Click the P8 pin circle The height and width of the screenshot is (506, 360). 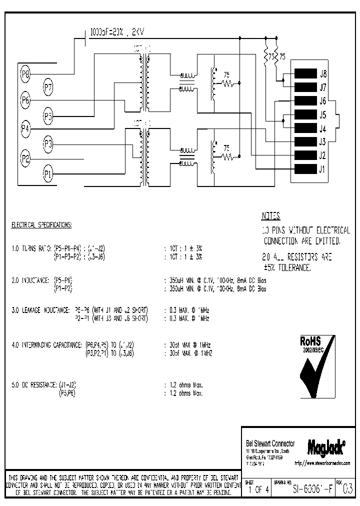point(25,74)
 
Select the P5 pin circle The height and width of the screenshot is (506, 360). point(48,117)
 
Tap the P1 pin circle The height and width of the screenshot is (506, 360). point(48,174)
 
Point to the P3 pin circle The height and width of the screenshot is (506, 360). point(48,144)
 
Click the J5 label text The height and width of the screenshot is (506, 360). point(322,114)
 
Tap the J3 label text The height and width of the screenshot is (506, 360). point(322,141)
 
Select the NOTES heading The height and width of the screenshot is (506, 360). point(270,216)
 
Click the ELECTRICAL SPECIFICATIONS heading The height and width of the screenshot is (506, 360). point(41,225)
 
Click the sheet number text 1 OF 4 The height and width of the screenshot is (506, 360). point(257,490)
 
